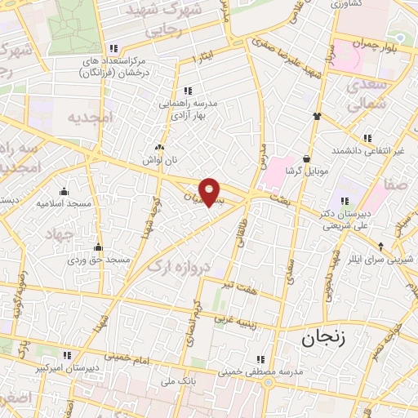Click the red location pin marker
210,192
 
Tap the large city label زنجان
323,338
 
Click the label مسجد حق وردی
99,260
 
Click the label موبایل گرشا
307,173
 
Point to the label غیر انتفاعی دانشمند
368,152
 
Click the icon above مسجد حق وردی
99,247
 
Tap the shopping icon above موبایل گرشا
307,159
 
